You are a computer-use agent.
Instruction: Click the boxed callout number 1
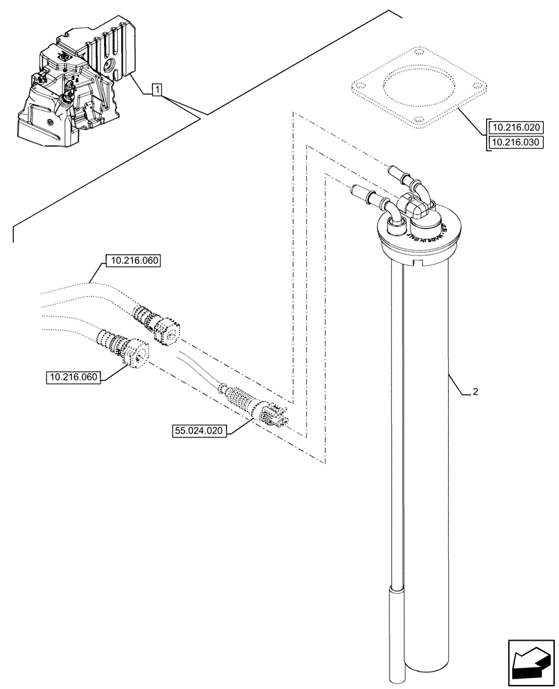(x=157, y=89)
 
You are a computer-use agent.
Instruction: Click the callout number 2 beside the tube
(x=475, y=392)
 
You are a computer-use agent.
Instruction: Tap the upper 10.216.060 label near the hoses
(x=132, y=261)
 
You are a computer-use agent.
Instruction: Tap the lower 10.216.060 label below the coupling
(x=74, y=377)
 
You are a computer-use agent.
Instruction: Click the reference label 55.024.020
(x=200, y=431)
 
